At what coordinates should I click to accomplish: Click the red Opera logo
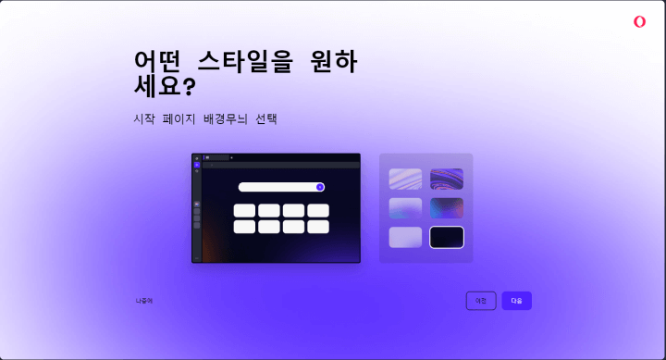click(x=639, y=22)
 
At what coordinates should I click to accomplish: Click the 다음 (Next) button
click(x=516, y=301)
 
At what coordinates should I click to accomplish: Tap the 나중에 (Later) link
click(x=144, y=301)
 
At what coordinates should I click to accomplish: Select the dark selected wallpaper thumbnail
click(x=447, y=238)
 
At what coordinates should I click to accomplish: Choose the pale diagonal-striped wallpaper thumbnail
click(x=405, y=179)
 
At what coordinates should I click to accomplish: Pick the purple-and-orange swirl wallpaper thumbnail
click(x=447, y=179)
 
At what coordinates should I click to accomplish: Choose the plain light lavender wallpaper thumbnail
click(x=405, y=238)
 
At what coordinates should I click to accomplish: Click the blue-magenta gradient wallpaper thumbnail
click(x=447, y=208)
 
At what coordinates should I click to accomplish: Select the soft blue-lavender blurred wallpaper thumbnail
click(x=405, y=208)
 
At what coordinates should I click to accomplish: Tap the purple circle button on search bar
click(x=320, y=187)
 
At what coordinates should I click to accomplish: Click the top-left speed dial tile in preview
click(x=244, y=211)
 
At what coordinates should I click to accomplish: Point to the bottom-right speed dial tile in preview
click(x=318, y=227)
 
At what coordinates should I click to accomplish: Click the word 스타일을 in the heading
click(x=246, y=61)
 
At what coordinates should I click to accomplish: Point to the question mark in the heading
click(x=189, y=87)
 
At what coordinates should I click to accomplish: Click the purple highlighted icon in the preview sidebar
click(x=197, y=165)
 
